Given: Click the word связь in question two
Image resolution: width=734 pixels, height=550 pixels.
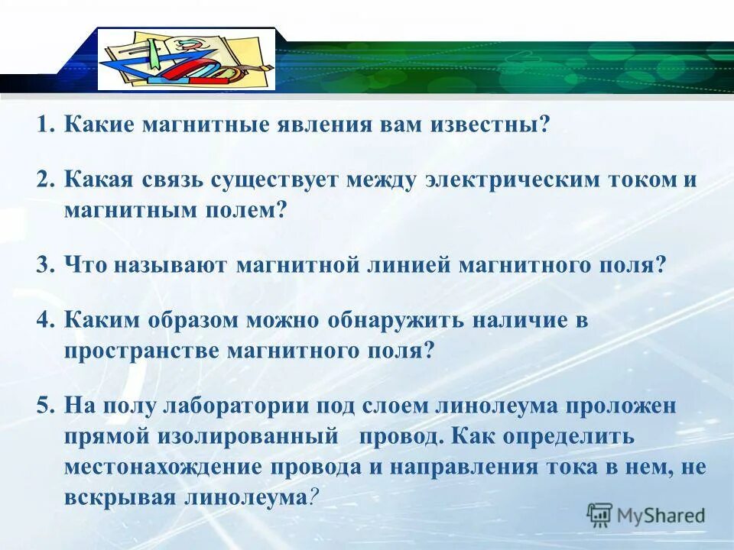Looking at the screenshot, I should tap(166, 180).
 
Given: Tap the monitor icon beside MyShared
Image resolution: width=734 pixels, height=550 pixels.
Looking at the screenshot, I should tap(600, 515).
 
